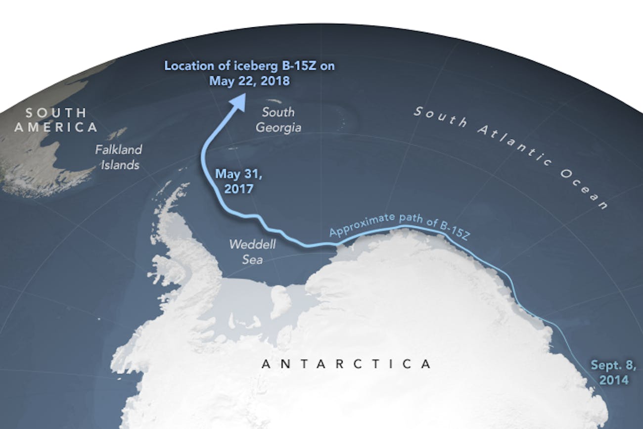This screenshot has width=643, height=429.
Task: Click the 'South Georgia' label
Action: point(278,120)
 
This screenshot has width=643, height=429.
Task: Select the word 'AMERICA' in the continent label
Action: point(56,127)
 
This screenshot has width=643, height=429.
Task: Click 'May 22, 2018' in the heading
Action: point(249,80)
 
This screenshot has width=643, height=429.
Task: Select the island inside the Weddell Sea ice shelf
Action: point(280,300)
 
